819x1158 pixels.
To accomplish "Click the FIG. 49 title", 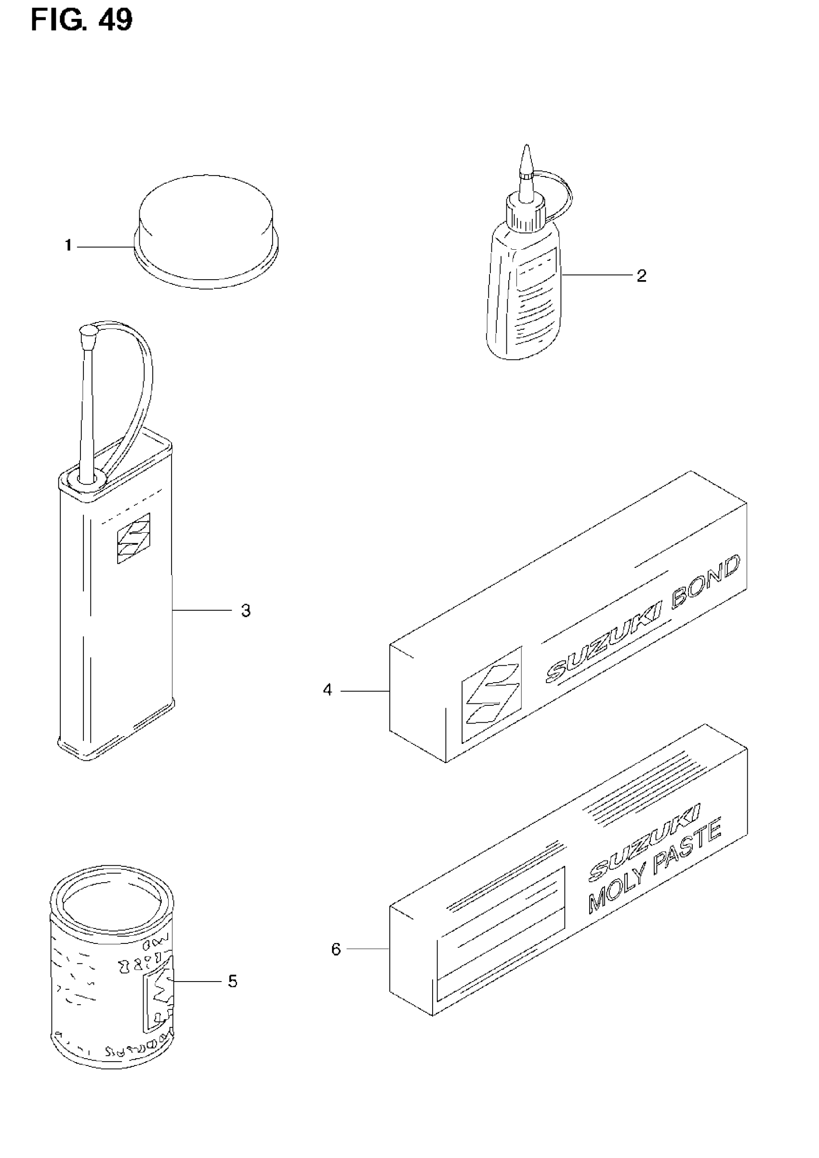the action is click(x=82, y=20).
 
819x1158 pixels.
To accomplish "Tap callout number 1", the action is click(x=68, y=246).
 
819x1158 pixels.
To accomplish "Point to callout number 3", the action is click(x=246, y=611).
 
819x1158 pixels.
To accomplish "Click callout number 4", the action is click(x=328, y=690).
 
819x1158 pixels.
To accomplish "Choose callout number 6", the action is click(x=336, y=950).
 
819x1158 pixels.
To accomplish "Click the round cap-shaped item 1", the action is click(x=206, y=229).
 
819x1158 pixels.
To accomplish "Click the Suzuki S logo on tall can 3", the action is click(x=133, y=538).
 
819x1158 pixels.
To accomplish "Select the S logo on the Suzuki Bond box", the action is click(x=492, y=694).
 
